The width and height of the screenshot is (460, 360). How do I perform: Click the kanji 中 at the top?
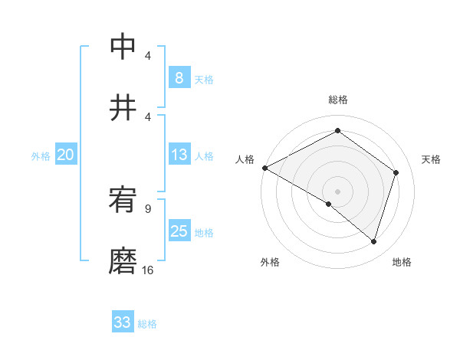123,47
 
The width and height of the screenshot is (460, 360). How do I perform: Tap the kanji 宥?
123,201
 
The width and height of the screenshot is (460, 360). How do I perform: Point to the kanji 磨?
123,261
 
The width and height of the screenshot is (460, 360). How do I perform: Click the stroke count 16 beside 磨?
147,270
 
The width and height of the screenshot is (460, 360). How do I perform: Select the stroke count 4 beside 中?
147,56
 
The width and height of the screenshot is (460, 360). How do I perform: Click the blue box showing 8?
179,78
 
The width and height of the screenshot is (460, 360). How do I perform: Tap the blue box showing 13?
179,155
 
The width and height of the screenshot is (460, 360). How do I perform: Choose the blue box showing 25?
179,231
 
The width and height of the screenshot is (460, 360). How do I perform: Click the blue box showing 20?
65,155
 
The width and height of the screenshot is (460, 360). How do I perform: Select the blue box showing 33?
123,322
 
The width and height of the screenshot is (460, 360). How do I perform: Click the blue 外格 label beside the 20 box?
41,156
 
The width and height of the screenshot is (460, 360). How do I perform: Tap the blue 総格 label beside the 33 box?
147,324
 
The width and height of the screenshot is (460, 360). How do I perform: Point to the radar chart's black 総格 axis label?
337,100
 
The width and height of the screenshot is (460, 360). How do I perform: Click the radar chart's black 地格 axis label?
402,262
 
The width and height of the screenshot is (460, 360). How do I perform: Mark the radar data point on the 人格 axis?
264,168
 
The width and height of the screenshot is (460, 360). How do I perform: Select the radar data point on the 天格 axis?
396,172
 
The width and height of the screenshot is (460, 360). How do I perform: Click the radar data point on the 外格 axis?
329,204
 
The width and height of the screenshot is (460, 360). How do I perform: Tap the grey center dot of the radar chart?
337,191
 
